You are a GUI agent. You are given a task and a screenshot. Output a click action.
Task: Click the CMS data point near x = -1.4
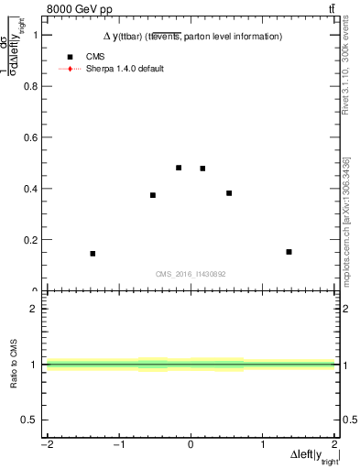point(93,254)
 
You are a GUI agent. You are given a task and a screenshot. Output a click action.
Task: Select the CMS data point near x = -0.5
point(153,195)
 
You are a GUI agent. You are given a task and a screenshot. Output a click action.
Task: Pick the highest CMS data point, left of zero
point(179,168)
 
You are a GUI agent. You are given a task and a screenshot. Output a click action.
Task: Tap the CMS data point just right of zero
point(202,169)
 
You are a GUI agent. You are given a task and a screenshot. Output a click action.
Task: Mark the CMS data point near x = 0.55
point(229,193)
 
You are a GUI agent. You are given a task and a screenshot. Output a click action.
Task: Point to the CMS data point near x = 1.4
point(289,252)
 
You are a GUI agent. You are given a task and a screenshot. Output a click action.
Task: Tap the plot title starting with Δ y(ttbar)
point(191,37)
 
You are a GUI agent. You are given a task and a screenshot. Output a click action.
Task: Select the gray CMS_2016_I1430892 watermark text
point(191,274)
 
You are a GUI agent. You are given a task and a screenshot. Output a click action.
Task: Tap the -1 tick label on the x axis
point(118,445)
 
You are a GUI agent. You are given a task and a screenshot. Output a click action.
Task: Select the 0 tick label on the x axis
point(191,445)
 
